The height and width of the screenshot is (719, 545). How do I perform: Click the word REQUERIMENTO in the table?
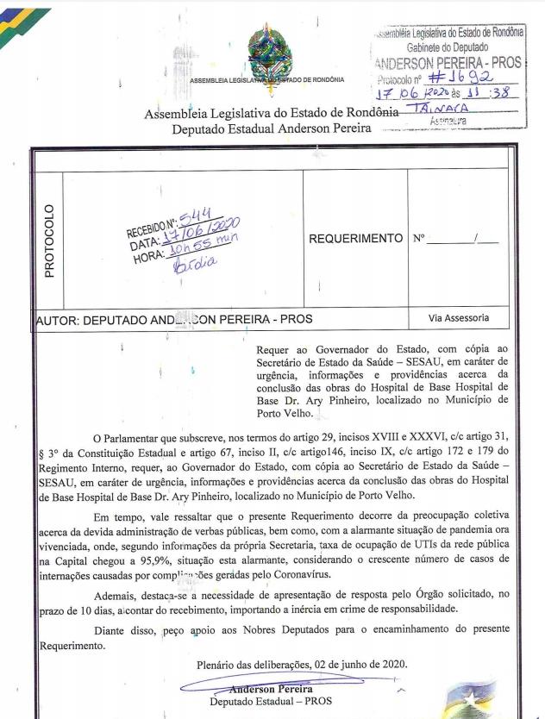pos(355,238)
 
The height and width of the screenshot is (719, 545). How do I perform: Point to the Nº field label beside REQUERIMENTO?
pos(419,238)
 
